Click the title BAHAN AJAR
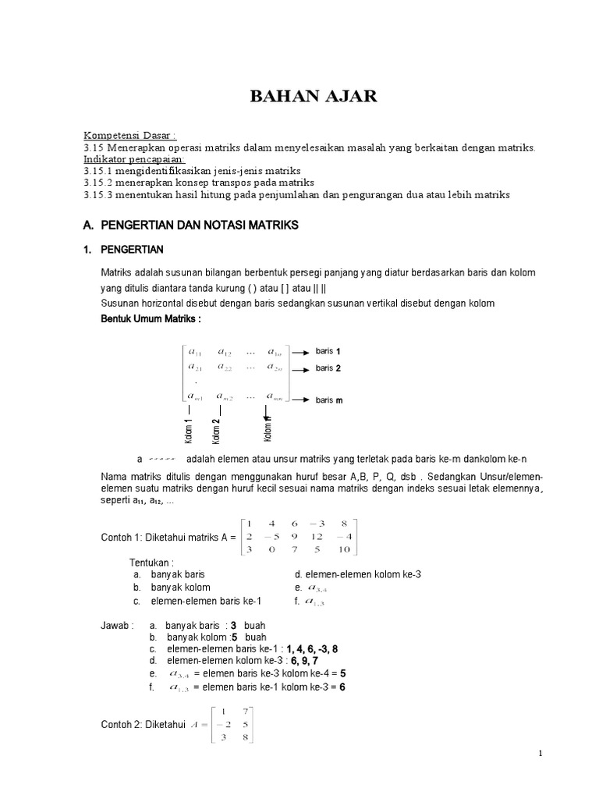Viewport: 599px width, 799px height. [x=301, y=97]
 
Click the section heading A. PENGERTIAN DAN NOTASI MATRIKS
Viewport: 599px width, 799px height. [x=190, y=225]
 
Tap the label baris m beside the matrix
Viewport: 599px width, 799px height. [x=329, y=400]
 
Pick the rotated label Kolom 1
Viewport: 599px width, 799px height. [x=189, y=431]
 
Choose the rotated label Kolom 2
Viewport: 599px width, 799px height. [x=215, y=431]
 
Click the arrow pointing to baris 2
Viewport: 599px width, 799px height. [x=301, y=368]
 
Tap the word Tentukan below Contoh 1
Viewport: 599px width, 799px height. [x=151, y=561]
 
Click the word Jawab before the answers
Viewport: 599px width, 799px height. [x=116, y=625]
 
